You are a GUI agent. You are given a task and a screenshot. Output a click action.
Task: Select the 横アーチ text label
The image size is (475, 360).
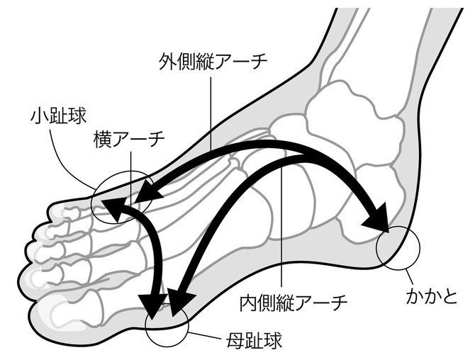[129, 140]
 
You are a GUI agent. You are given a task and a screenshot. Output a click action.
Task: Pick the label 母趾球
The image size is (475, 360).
[252, 341]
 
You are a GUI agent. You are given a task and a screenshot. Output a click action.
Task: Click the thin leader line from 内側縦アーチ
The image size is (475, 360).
[283, 234]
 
